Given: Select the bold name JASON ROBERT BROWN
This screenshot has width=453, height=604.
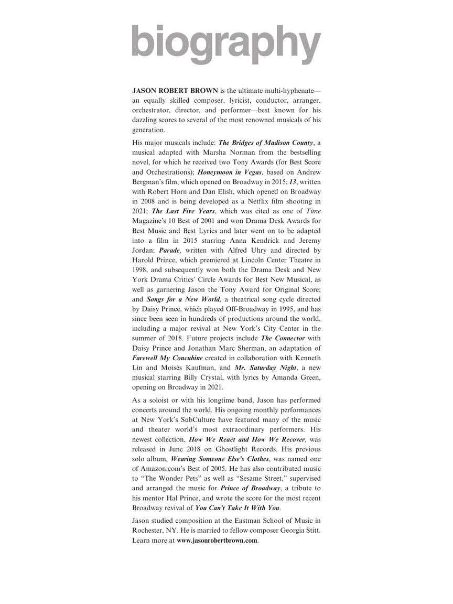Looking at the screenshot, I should click(175, 90).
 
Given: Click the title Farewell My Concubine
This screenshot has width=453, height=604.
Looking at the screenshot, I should click(167, 358).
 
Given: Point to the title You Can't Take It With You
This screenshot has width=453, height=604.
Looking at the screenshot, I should click(238, 508).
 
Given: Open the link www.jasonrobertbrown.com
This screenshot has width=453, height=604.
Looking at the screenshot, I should click(217, 541).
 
